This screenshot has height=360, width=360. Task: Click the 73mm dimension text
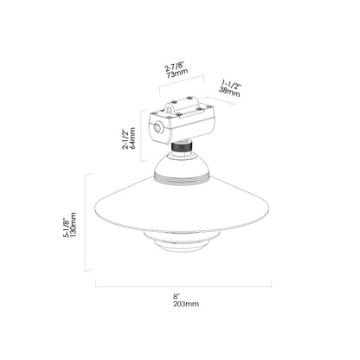(177, 74)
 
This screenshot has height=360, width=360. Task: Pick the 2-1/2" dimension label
(125, 139)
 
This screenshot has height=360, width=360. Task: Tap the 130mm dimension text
(73, 225)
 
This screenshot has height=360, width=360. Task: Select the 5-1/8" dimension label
(66, 228)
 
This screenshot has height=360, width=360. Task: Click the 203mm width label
(186, 304)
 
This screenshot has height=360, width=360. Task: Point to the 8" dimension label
(177, 296)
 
